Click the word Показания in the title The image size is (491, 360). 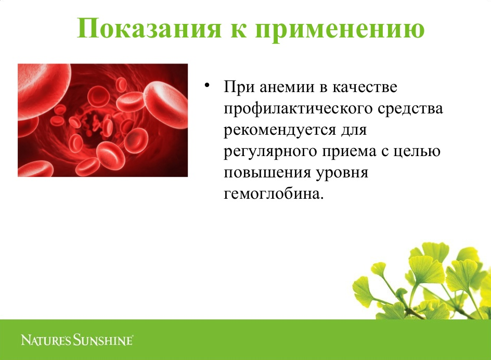(149, 28)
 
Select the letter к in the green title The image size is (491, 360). (238, 31)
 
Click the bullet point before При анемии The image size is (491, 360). (206, 85)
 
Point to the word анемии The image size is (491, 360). (287, 87)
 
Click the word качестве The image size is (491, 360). (365, 87)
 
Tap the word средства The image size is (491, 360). (410, 109)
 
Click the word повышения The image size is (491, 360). (267, 173)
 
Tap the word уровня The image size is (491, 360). (342, 173)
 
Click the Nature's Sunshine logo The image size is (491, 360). (77, 340)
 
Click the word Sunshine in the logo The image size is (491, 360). (104, 340)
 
